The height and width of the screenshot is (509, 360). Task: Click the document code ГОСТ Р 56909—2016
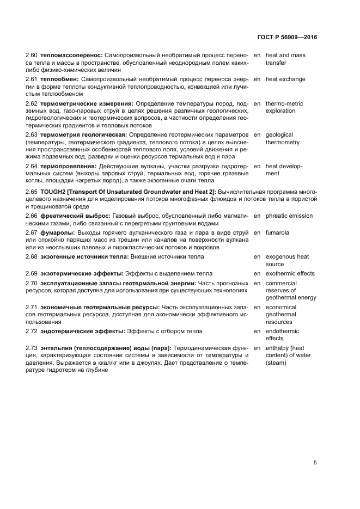286,38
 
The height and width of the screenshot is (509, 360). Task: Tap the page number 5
315,463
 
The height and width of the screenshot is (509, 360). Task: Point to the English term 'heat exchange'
285,79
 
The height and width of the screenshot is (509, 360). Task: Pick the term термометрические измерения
87,103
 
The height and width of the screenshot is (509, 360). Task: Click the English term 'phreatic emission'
289,216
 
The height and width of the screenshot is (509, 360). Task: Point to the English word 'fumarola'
277,233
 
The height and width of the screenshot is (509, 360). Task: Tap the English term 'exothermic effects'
290,273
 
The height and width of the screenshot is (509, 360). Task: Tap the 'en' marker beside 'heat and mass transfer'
257,56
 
